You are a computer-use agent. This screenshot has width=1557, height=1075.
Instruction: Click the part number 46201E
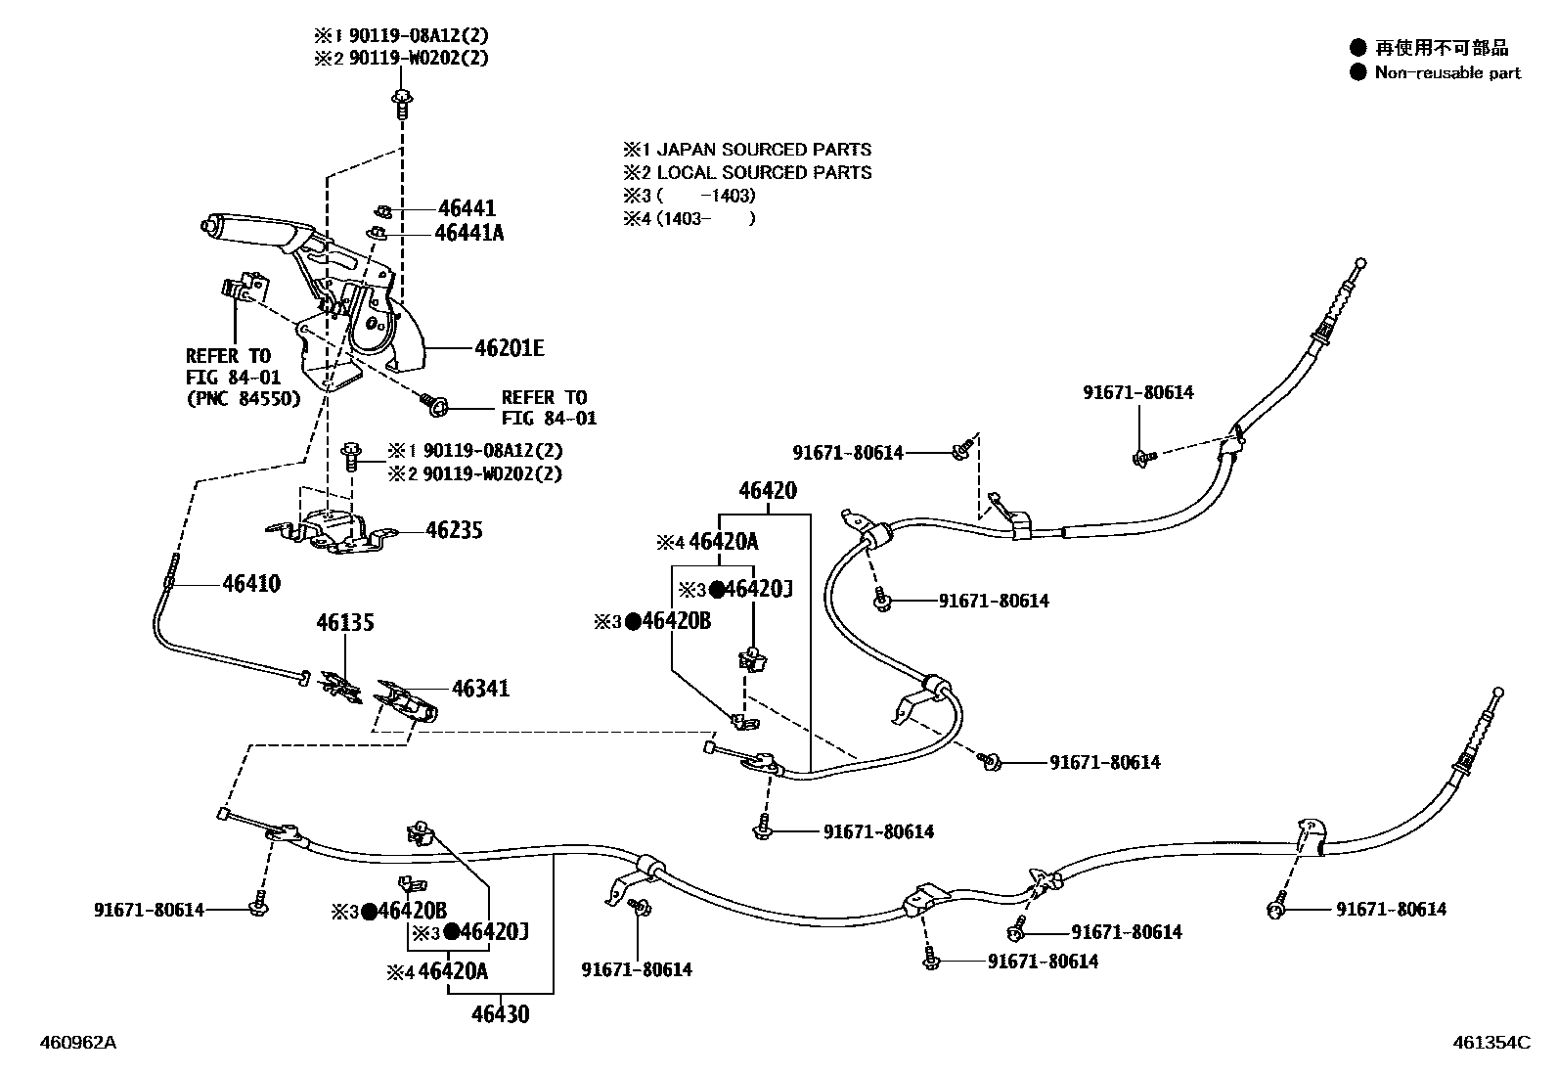click(x=509, y=348)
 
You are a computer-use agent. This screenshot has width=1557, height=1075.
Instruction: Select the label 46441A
click(x=470, y=233)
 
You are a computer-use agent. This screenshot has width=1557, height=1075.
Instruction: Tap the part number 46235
click(x=454, y=531)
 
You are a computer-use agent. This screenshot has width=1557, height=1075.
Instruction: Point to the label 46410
click(x=251, y=584)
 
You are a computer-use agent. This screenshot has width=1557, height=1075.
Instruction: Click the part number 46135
click(x=344, y=622)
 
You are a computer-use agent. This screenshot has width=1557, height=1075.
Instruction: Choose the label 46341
click(x=480, y=689)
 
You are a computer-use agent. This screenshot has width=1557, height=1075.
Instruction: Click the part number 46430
click(x=500, y=1014)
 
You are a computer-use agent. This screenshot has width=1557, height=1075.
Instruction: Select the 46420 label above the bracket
click(x=767, y=491)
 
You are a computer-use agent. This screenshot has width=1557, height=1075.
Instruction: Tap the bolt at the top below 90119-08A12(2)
click(x=402, y=101)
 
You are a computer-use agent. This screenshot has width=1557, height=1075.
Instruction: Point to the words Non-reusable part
click(x=1447, y=72)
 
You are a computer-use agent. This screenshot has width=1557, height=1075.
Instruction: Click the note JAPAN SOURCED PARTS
click(x=763, y=150)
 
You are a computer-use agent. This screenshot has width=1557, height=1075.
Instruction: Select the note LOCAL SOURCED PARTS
click(x=763, y=172)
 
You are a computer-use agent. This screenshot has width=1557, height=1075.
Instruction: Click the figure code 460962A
click(x=77, y=1043)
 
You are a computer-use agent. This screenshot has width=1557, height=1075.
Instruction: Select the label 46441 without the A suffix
click(x=467, y=208)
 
